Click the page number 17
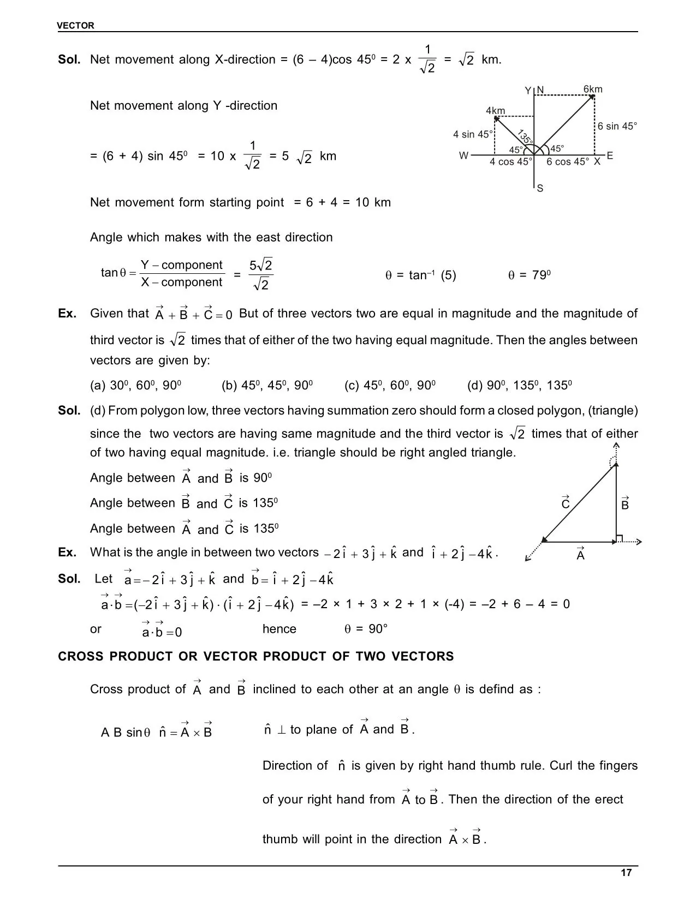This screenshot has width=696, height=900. click(626, 873)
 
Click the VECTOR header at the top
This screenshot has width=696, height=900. click(76, 26)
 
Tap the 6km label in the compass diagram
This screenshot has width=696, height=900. click(593, 89)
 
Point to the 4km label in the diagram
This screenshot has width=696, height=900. click(495, 111)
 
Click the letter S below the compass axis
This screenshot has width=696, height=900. click(540, 189)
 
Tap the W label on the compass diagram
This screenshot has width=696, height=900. click(463, 156)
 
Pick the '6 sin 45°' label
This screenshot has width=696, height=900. click(617, 127)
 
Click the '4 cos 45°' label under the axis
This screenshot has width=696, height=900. click(510, 162)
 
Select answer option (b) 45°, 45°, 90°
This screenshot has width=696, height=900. click(267, 386)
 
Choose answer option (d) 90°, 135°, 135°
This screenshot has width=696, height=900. click(519, 386)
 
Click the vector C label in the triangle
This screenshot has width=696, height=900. click(566, 503)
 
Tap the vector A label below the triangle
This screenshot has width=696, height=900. click(580, 554)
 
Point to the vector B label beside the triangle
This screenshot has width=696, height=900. click(625, 503)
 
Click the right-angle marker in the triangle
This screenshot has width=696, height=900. click(619, 538)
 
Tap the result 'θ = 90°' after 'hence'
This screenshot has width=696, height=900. click(366, 629)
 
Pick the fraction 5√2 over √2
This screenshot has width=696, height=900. click(261, 274)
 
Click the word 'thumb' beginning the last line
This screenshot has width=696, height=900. click(281, 839)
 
